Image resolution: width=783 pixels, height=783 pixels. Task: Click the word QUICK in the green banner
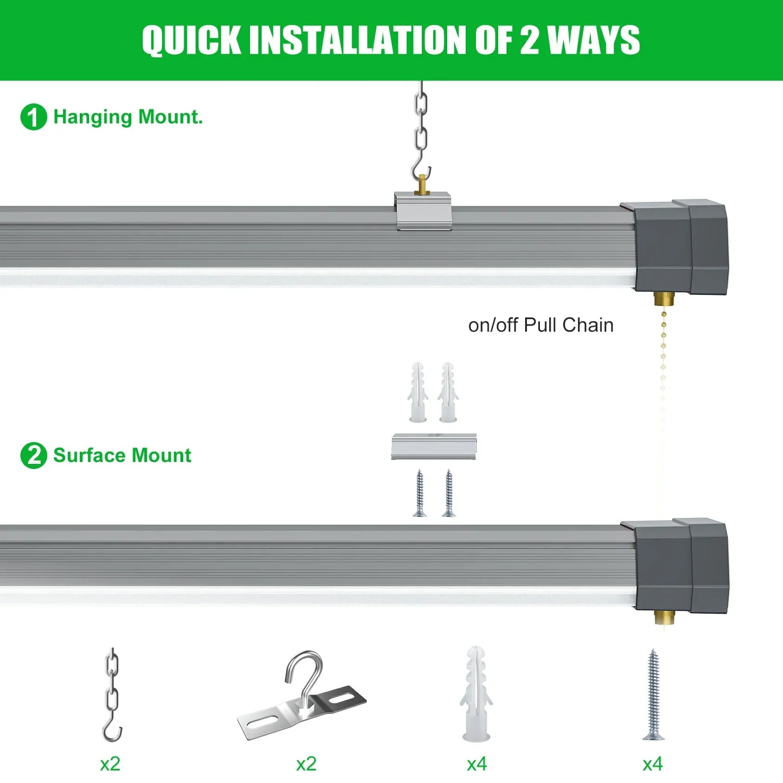tap(191, 40)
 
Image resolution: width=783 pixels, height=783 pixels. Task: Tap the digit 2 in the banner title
tap(530, 40)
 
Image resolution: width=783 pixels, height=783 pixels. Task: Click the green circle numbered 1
tap(33, 117)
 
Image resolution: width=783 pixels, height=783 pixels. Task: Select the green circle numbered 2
tap(33, 456)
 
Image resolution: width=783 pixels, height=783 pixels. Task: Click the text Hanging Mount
tap(128, 117)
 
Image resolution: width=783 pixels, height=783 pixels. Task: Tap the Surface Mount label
tap(122, 456)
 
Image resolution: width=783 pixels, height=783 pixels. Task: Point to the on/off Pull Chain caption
tap(541, 325)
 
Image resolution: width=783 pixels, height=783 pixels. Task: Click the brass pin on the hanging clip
tap(422, 184)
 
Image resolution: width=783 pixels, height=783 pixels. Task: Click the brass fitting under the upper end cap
tap(663, 299)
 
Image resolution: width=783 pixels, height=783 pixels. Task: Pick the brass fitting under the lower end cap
tap(663, 617)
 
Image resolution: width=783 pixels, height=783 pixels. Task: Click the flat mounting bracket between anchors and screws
tap(434, 446)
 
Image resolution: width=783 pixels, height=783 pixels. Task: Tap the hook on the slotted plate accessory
tap(304, 673)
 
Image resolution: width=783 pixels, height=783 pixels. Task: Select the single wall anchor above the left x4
tap(476, 693)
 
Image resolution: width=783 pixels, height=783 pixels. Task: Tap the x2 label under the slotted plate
tap(306, 764)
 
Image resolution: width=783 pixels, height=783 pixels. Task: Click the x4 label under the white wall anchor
tap(477, 764)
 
